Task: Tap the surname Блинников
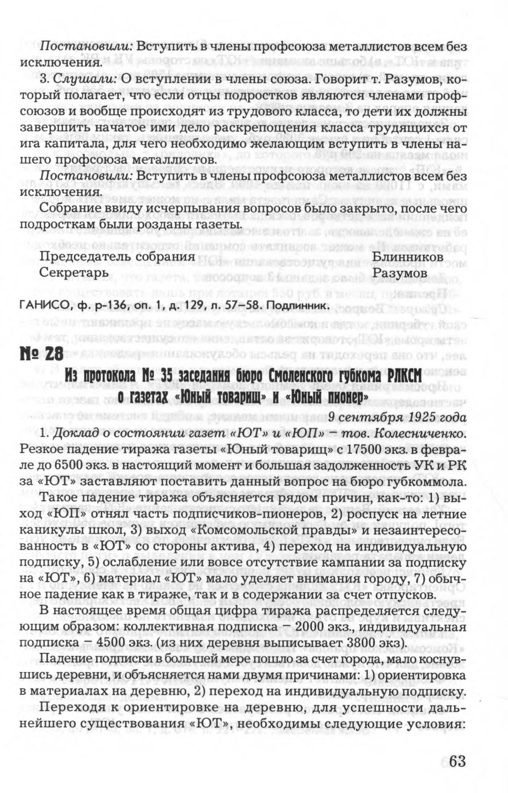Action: pyautogui.click(x=407, y=257)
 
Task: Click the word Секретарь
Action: pyautogui.click(x=74, y=273)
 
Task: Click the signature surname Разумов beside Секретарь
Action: pyautogui.click(x=400, y=273)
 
